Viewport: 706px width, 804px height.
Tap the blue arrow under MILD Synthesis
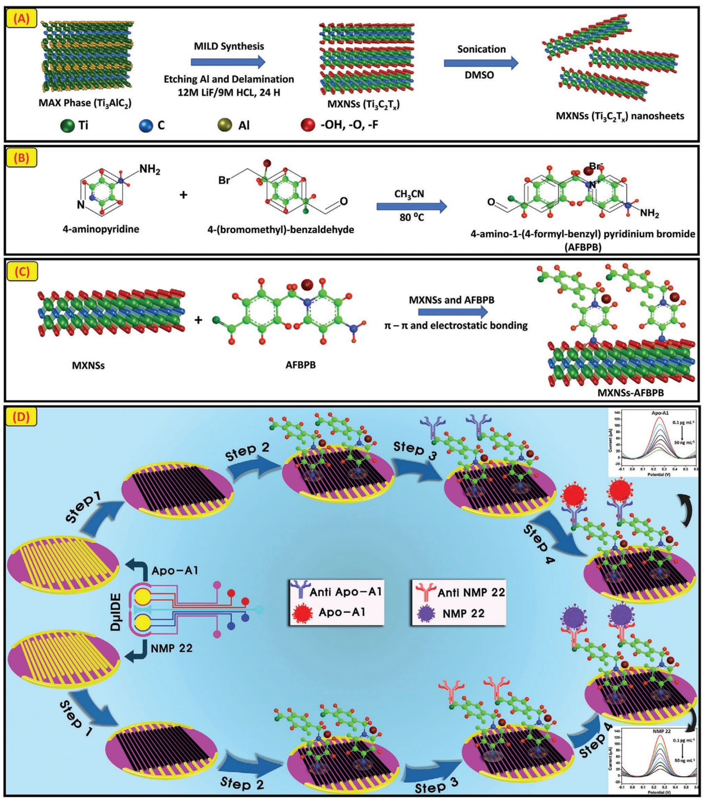point(228,62)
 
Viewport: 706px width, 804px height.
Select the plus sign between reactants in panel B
point(183,195)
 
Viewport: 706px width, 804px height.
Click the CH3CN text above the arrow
point(409,194)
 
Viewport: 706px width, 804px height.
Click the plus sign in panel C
point(199,320)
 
